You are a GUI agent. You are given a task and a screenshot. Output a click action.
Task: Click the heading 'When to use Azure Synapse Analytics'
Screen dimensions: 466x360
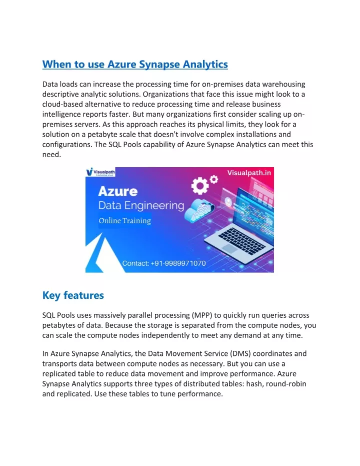pyautogui.click(x=135, y=65)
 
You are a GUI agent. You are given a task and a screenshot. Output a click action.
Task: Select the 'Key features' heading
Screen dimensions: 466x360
pyautogui.click(x=73, y=295)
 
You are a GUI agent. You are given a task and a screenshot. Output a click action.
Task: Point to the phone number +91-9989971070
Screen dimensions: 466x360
pyautogui.click(x=164, y=263)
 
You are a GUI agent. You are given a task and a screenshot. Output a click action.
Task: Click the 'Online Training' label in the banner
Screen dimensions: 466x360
pyautogui.click(x=124, y=221)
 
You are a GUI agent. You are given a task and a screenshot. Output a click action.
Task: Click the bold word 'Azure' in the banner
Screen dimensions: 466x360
pyautogui.click(x=118, y=192)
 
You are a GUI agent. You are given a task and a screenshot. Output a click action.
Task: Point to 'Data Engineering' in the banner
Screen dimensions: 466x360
pyautogui.click(x=141, y=206)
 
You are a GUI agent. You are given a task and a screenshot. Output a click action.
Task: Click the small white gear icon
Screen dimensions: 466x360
pyautogui.click(x=214, y=178)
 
